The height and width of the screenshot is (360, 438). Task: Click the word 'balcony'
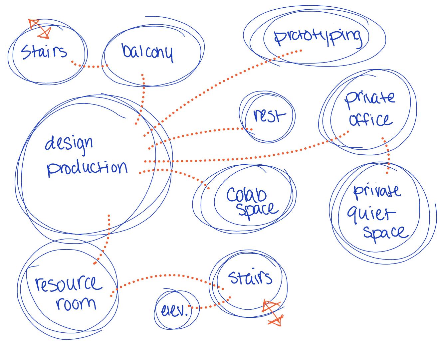(147, 53)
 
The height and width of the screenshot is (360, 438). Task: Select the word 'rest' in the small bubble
(269, 116)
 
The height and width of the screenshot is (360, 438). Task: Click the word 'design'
(69, 144)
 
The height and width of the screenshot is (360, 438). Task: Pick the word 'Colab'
(247, 195)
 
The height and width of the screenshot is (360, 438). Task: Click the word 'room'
(76, 303)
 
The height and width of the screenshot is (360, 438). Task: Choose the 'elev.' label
(174, 311)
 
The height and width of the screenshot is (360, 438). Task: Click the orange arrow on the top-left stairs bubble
(40, 28)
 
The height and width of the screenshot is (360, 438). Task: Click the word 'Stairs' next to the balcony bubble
(44, 52)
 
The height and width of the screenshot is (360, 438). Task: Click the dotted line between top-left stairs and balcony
(90, 67)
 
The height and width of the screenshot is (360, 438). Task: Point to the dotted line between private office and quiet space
(387, 155)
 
